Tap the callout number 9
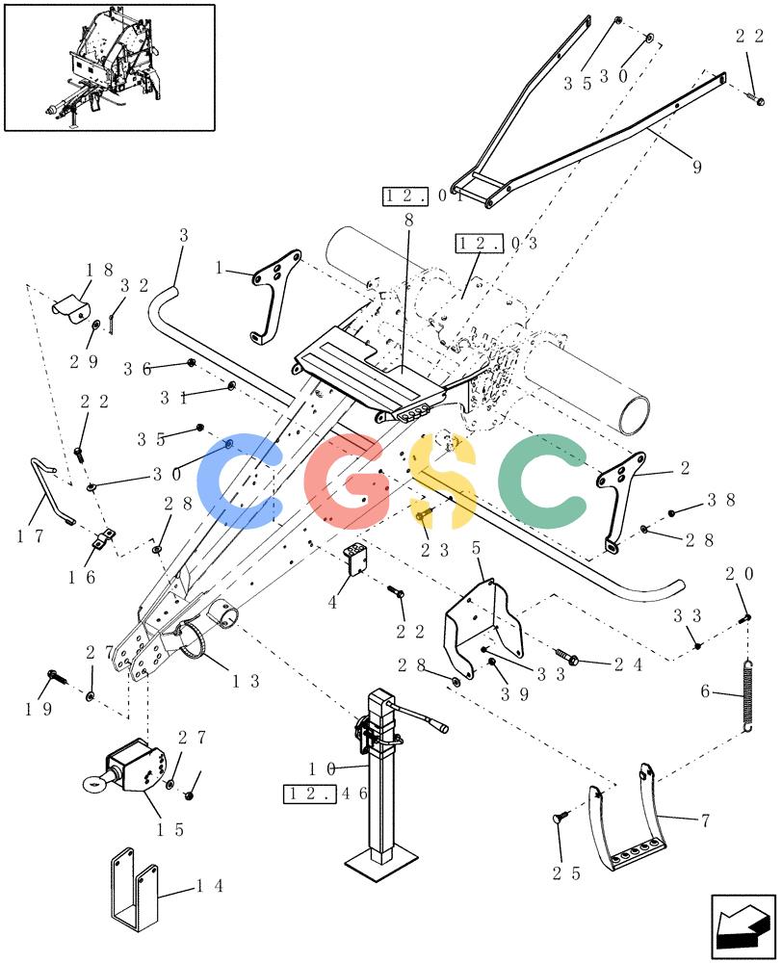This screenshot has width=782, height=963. (x=696, y=167)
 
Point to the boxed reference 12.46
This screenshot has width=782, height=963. (x=326, y=794)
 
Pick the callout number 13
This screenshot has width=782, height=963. (x=246, y=681)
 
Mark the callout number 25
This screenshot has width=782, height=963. (x=565, y=873)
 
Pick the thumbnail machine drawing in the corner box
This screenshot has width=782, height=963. (x=110, y=66)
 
